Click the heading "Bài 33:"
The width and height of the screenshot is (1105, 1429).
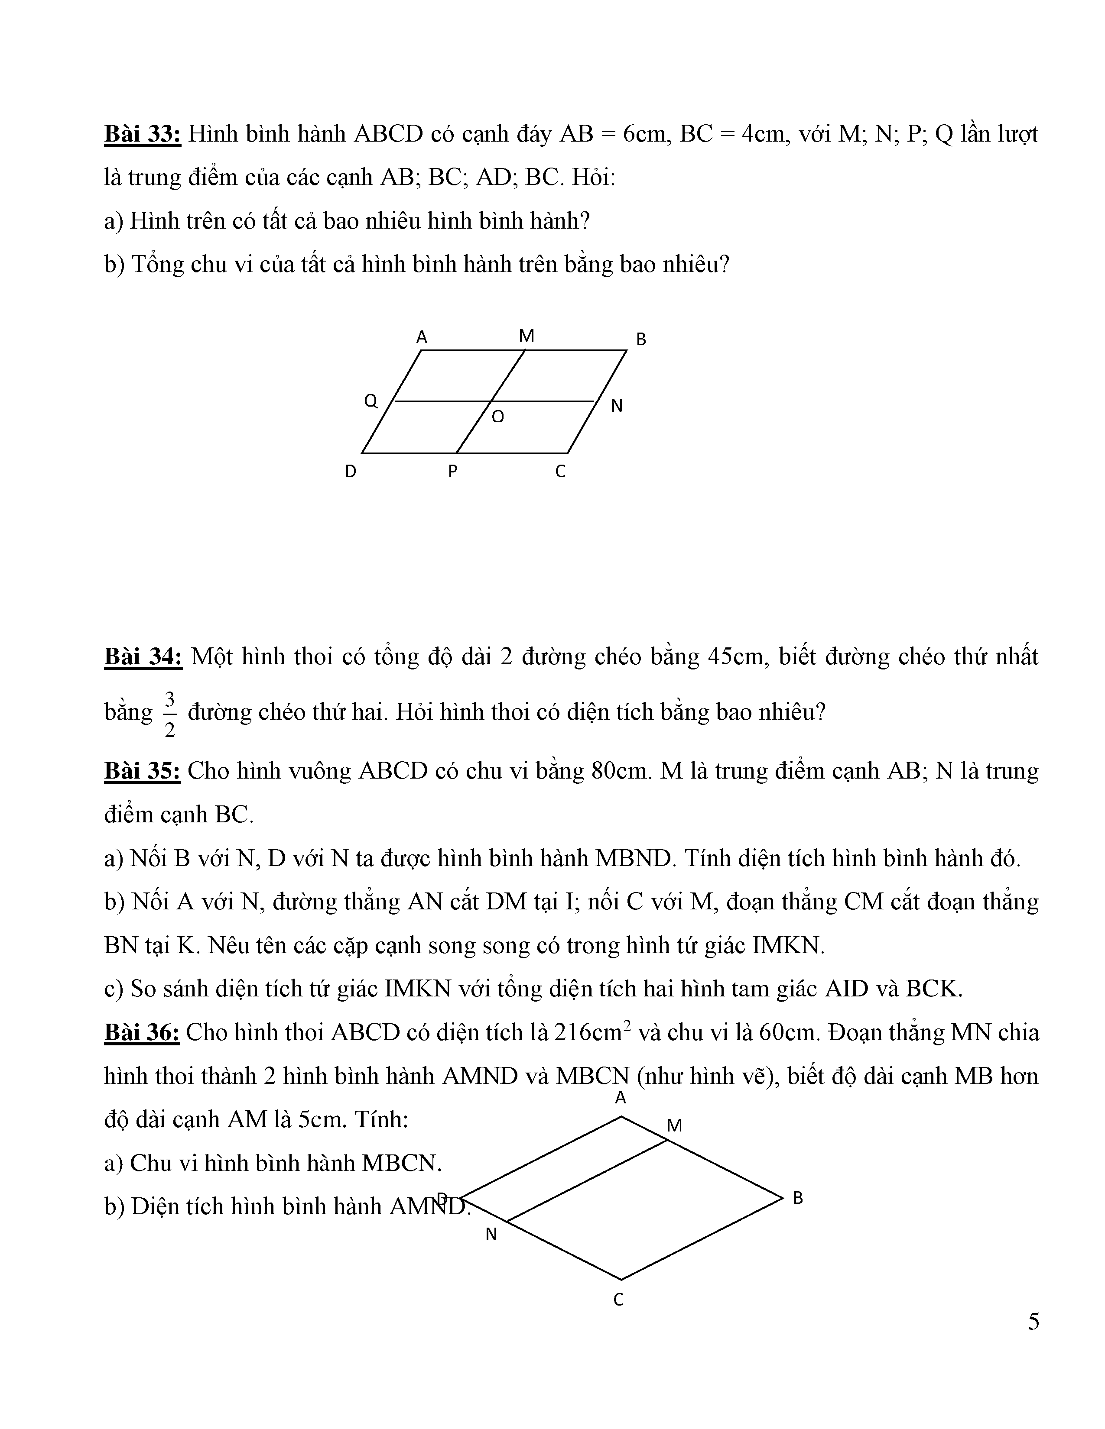pyautogui.click(x=142, y=134)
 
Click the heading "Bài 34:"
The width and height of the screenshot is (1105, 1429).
pyautogui.click(x=143, y=656)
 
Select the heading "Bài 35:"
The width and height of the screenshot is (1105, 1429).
pyautogui.click(x=142, y=771)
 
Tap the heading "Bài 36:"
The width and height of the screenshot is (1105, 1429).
pyautogui.click(x=141, y=1032)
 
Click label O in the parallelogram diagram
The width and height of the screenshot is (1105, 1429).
pyautogui.click(x=497, y=417)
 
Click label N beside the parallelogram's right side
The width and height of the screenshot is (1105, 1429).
pyautogui.click(x=617, y=406)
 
